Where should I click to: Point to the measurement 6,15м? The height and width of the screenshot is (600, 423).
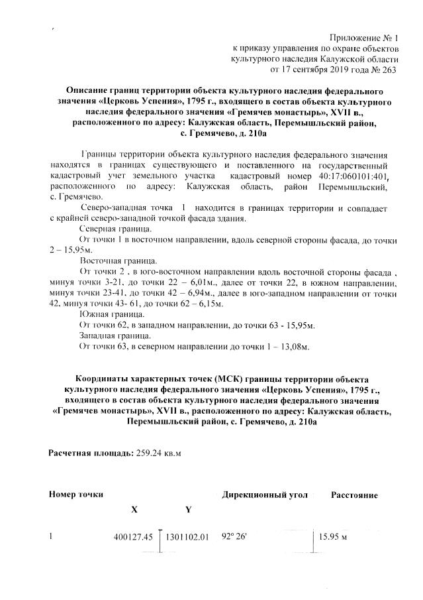[x=209, y=304]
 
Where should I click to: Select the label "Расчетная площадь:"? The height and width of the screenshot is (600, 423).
[x=91, y=453]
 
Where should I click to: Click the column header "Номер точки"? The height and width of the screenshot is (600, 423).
[x=76, y=495]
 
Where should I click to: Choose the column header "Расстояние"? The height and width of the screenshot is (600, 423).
[x=355, y=495]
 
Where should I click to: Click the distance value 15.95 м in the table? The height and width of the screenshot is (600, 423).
[x=334, y=536]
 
